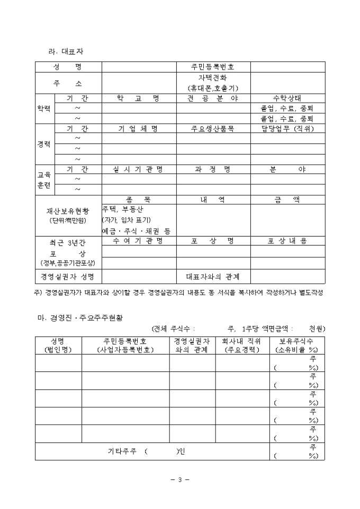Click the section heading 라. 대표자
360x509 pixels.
66,51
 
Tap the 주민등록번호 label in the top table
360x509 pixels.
213,67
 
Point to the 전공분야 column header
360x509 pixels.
213,98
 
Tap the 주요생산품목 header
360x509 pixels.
213,129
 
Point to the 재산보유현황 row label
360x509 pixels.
68,211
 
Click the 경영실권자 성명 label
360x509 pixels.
68,277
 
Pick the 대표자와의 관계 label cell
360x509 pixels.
213,277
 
